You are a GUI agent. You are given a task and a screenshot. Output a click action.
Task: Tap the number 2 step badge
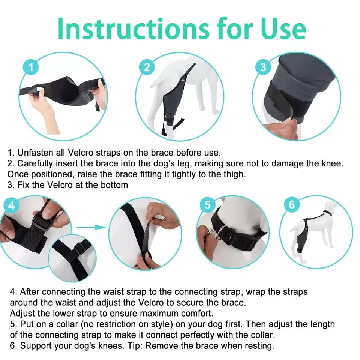click(x=147, y=67)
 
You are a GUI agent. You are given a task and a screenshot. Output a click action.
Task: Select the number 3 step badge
click(x=263, y=67)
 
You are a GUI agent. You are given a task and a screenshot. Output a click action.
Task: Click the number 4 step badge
click(x=11, y=205)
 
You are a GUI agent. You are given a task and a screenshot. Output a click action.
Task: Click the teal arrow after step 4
click(x=91, y=227)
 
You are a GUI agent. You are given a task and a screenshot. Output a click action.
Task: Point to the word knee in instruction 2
click(x=332, y=163)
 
